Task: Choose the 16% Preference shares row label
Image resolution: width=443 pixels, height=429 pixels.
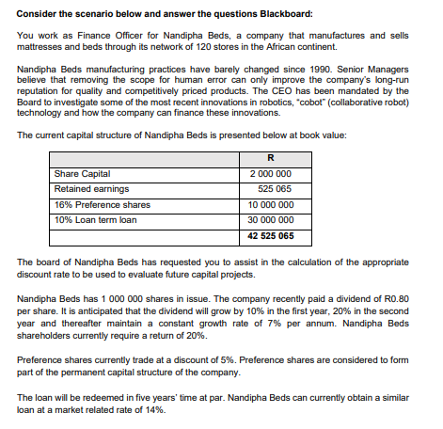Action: (x=103, y=204)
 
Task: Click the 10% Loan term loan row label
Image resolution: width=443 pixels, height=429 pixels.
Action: (x=96, y=219)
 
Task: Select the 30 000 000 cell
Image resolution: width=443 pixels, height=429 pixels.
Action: (x=271, y=219)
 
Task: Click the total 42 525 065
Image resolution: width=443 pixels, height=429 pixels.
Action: (x=271, y=235)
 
